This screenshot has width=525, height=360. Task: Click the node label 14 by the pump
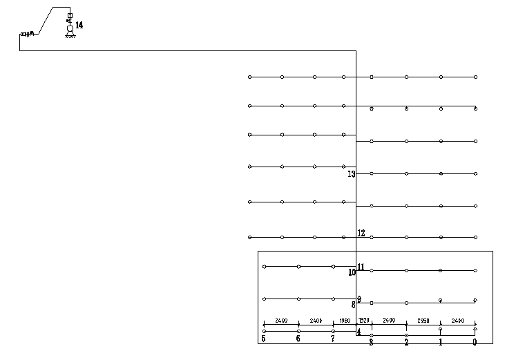tap(79, 25)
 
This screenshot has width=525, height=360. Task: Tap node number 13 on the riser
tap(352, 174)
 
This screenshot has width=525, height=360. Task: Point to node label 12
tap(361, 234)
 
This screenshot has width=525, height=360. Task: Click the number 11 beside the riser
tap(361, 267)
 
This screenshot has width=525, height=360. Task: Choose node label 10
tap(352, 273)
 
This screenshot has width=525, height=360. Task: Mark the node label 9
tap(359, 299)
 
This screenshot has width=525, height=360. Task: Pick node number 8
tap(353, 305)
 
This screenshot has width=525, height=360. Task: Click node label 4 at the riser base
tap(359, 332)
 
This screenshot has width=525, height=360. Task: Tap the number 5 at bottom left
tap(263, 339)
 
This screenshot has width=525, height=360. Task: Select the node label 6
tap(298, 339)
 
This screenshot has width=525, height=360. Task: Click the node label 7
tap(333, 339)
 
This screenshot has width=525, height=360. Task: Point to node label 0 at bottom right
tap(475, 341)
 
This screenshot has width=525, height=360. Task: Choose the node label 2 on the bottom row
tap(406, 342)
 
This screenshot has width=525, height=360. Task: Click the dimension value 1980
tap(345, 321)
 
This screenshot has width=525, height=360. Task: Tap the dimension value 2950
tap(423, 321)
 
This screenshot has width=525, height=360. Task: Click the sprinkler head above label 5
tap(264, 331)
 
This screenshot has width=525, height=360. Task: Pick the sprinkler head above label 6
tap(298, 331)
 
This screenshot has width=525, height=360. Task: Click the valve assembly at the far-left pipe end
tap(26, 34)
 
